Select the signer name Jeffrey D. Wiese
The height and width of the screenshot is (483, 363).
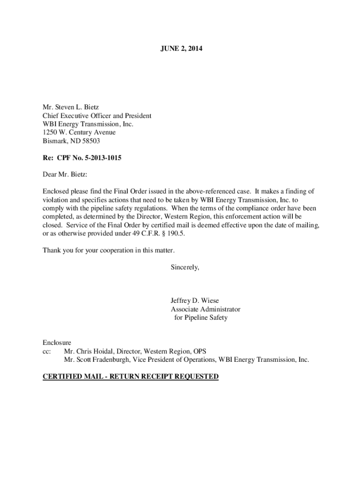[x=195, y=301]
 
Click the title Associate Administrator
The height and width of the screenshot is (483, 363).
[x=205, y=309]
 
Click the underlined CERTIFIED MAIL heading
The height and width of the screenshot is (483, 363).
[x=131, y=376]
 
